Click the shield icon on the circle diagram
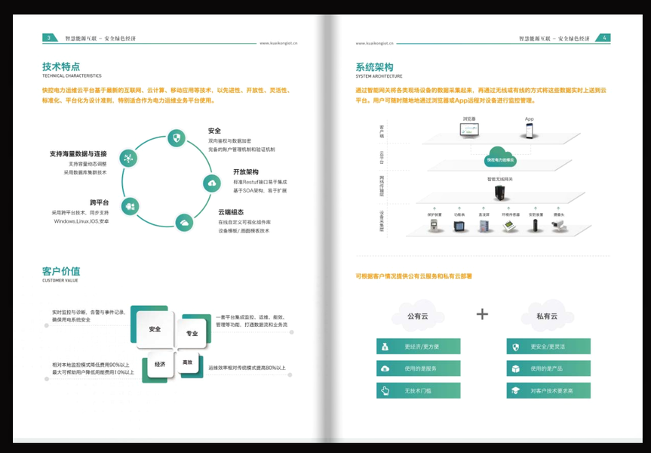[x=177, y=138]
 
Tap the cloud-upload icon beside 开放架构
[x=211, y=183]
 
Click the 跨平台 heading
[x=99, y=202]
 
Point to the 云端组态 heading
[x=231, y=212]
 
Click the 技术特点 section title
[x=61, y=66]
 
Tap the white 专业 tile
[x=192, y=334]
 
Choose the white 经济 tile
[x=160, y=364]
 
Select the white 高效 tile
[x=188, y=362]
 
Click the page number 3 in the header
[x=49, y=38]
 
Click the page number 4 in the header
[x=605, y=38]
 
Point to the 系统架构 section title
[x=374, y=67]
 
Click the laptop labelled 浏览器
[x=469, y=130]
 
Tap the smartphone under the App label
[x=530, y=131]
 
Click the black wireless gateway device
[x=499, y=193]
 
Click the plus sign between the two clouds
[x=482, y=314]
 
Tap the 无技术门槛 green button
[x=419, y=391]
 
